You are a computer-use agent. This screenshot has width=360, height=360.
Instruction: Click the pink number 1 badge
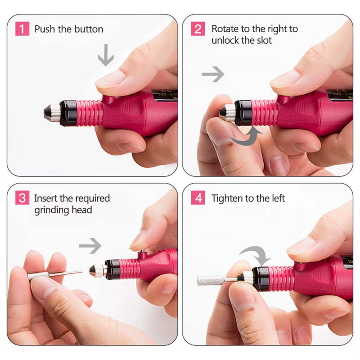22,29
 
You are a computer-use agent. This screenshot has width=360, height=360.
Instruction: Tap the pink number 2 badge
198,29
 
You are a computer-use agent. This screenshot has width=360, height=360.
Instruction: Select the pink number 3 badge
22,198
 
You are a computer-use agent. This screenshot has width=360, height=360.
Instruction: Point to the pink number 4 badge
198,198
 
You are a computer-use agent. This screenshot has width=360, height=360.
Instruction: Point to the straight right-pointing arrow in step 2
213,74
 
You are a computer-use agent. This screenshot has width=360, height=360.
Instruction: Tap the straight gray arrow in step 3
90,246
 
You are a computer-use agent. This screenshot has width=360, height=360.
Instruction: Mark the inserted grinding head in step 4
211,280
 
